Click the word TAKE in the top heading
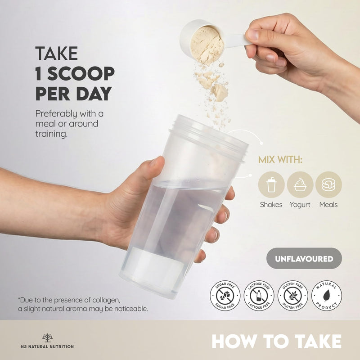click(x=56, y=53)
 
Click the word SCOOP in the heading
click(x=81, y=73)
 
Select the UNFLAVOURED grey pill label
click(x=304, y=258)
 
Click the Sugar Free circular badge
click(x=225, y=296)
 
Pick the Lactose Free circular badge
click(x=259, y=296)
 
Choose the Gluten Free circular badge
click(x=293, y=296)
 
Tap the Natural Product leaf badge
click(x=327, y=296)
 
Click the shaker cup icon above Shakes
click(x=271, y=184)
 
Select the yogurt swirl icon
click(x=300, y=184)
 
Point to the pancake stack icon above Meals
click(x=328, y=184)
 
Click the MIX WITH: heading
click(x=280, y=160)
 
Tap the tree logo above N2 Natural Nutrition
click(x=48, y=338)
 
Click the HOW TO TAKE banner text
click(x=277, y=342)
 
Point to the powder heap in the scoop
click(x=207, y=45)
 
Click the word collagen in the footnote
click(x=106, y=300)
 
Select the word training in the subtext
click(x=51, y=134)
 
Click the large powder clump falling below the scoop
click(x=220, y=92)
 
